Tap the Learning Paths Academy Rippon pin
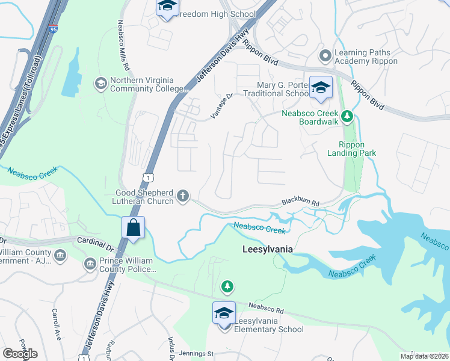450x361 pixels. [325, 56]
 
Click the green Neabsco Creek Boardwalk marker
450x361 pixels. [347, 116]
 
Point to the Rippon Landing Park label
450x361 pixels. [357, 149]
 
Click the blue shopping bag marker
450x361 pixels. [133, 227]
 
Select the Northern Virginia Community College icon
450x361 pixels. [100, 82]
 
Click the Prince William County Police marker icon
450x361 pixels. [90, 264]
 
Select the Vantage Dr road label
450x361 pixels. [221, 103]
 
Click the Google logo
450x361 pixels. [20, 353]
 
